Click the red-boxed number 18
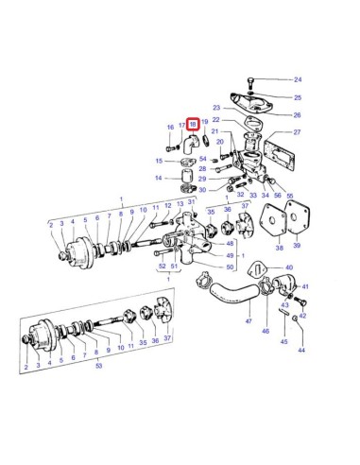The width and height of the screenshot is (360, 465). (192, 123)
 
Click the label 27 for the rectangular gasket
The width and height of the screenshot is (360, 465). (297, 132)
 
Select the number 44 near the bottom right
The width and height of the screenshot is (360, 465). (301, 350)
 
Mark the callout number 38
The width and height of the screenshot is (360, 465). (280, 247)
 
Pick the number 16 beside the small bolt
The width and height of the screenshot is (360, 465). (170, 127)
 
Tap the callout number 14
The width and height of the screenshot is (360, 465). (160, 177)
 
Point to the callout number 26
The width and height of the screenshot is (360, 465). (297, 115)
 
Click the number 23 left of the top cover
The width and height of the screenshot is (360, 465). (215, 108)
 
